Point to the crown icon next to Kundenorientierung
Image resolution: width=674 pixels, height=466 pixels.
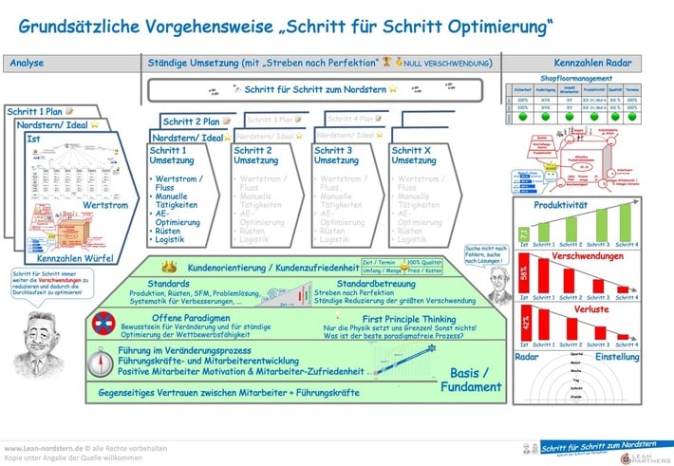tap(178, 268)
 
